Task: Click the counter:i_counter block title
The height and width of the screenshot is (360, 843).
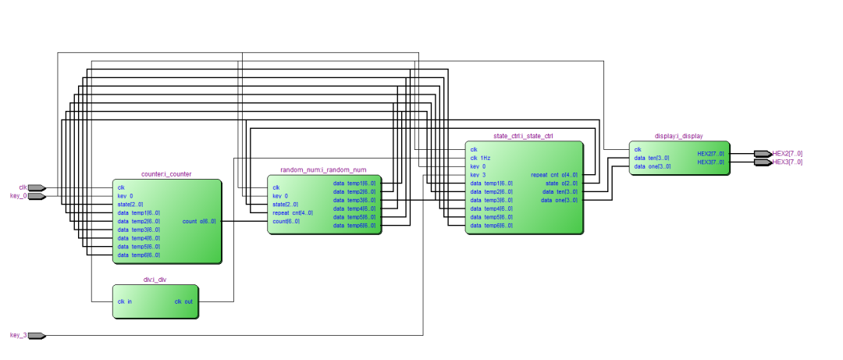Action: coord(166,174)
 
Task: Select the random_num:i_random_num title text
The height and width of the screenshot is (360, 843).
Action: coord(323,169)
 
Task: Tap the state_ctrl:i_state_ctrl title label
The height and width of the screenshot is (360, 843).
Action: coord(524,137)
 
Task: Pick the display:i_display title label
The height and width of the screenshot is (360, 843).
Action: coord(679,136)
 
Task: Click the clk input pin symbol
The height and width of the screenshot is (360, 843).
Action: coord(37,188)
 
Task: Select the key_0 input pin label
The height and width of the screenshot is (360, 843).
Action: coord(19,196)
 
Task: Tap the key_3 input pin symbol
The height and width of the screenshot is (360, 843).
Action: coord(37,336)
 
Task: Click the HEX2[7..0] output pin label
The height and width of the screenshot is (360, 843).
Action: coord(787,154)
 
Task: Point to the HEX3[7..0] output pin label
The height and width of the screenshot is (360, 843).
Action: coord(787,162)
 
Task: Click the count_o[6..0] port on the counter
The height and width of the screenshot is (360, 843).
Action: coord(200,222)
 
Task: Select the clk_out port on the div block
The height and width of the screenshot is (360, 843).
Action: coord(183,301)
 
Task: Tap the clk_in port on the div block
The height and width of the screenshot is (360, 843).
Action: coord(126,301)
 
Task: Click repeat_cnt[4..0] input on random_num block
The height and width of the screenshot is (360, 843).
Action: coord(293,213)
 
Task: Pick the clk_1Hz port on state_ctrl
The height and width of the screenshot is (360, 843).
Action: coord(481,159)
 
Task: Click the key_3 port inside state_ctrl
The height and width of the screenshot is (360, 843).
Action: coord(478,175)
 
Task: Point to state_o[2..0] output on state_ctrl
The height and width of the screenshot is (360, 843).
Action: coord(562,184)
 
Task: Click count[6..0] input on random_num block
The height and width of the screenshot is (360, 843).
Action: coord(286,222)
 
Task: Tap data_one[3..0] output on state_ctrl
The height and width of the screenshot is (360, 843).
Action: coord(560,201)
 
